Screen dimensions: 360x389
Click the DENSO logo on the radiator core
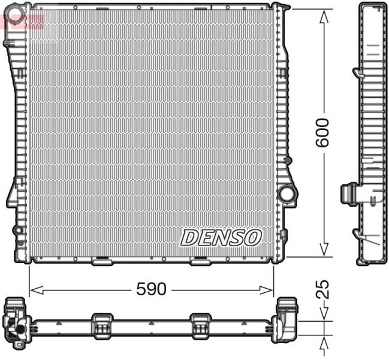pos(221,237)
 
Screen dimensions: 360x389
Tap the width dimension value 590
pos(150,289)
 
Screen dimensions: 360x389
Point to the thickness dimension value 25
pos(322,289)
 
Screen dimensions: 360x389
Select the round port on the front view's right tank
pos(287,194)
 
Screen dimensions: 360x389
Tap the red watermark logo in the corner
pos(23,22)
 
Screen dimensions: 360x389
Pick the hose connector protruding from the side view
pos(348,193)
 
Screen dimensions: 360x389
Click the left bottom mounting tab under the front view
pos(100,261)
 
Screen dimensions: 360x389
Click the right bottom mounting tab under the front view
pos(199,261)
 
